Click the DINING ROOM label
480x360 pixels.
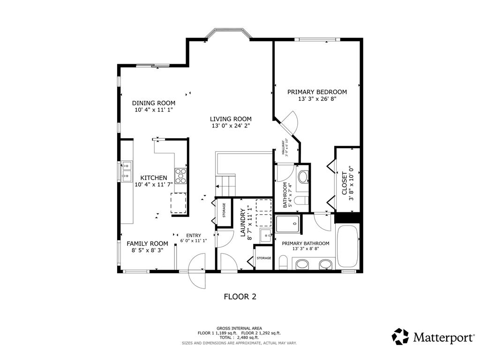coord(153,103)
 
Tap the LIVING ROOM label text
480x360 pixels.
coord(230,119)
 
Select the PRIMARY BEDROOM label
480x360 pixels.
coord(317,92)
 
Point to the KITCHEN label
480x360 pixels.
coord(154,178)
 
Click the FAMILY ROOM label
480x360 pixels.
coord(147,243)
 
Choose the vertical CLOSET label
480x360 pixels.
coord(345,183)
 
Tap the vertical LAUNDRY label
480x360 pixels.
coord(243,224)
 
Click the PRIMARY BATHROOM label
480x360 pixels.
coord(305,243)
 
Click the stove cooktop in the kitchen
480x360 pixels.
coord(181,175)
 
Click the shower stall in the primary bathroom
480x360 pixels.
coord(288,224)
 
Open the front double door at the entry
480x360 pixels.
coord(197,271)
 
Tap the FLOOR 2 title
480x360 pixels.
coord(240,296)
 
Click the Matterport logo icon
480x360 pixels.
coord(400,336)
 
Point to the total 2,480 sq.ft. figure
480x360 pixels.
coord(239,337)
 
